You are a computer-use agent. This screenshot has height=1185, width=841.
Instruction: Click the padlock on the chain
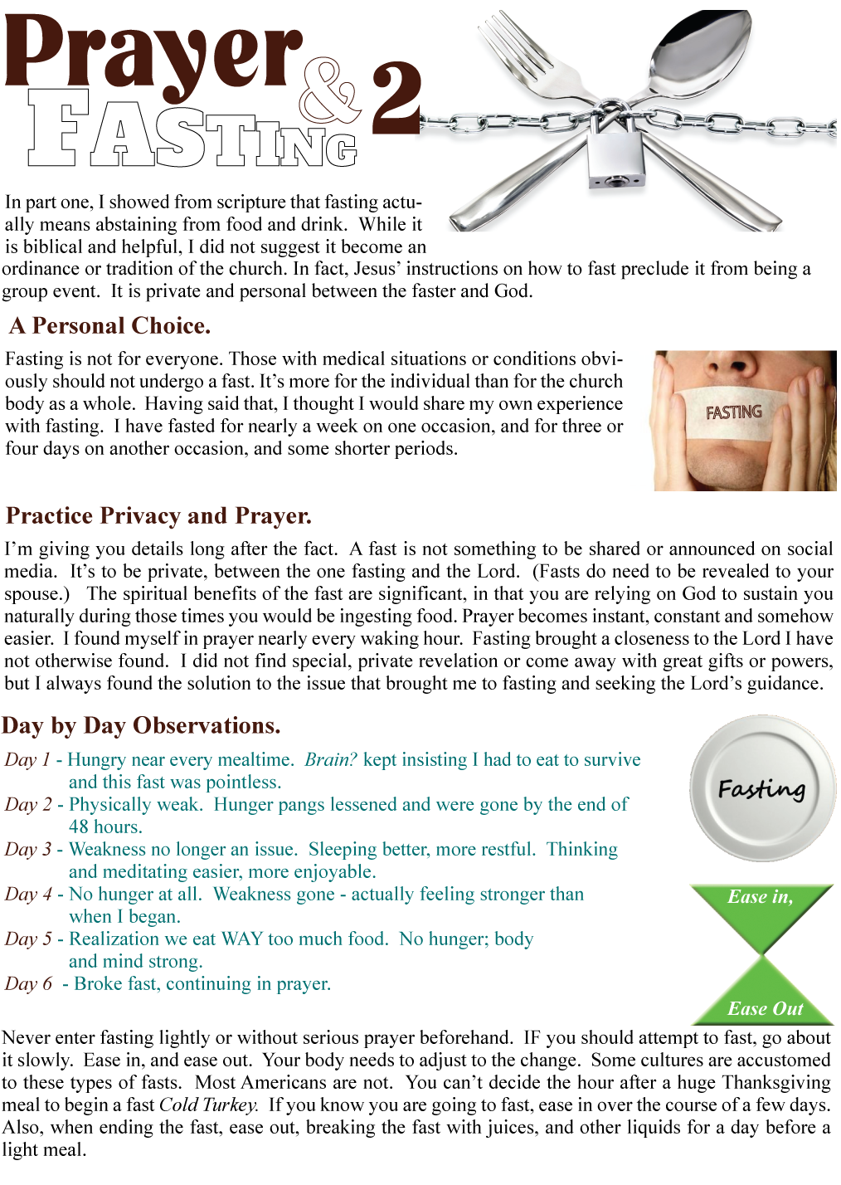615,154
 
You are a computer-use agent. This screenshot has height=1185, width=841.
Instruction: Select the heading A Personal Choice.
110,326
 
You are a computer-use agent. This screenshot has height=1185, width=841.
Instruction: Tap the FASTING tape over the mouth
734,412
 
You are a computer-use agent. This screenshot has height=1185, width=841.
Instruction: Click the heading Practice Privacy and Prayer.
158,516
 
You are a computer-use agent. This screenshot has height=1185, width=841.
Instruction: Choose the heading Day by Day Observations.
141,726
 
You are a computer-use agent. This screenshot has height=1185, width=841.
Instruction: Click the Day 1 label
27,760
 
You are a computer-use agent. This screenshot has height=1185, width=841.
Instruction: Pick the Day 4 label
28,895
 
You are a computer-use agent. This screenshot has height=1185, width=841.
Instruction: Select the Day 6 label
28,984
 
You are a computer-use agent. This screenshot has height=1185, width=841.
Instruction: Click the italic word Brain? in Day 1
331,760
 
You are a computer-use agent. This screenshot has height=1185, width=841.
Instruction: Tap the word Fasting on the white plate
761,788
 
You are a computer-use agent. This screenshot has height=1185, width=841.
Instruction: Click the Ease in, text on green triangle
760,897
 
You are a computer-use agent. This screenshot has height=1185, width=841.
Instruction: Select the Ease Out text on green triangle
765,1009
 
